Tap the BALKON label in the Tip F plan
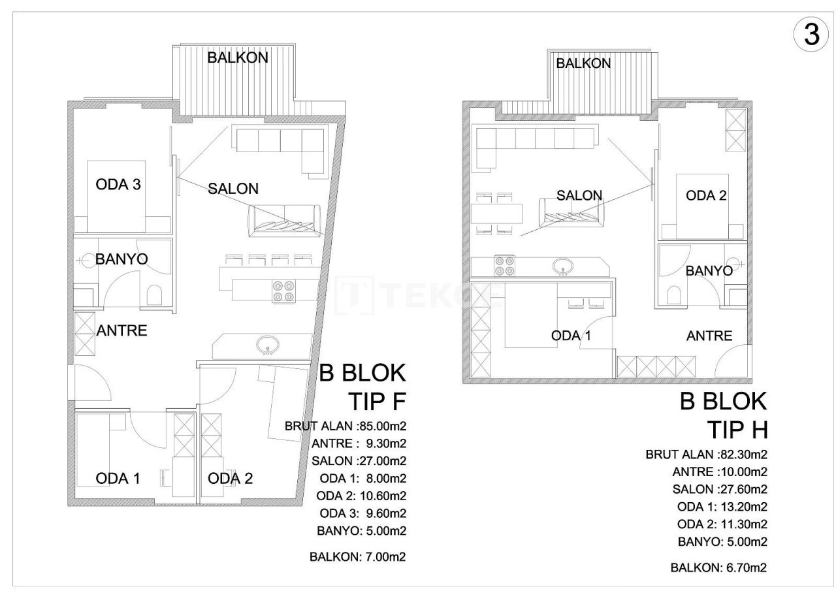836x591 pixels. coord(238,57)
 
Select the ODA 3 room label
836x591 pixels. coord(118,185)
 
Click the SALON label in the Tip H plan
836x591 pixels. coord(579,195)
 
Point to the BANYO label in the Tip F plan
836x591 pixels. coord(121,259)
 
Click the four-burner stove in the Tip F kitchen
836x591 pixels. coord(283,291)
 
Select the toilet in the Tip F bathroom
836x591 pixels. coord(155,296)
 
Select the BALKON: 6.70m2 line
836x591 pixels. coord(718,567)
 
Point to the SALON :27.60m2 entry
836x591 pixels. coord(720,489)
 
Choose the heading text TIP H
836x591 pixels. coord(736,430)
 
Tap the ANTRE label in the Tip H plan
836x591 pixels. coord(709,336)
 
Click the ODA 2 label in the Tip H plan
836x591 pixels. coord(706,195)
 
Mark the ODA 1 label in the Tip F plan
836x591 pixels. coord(118,479)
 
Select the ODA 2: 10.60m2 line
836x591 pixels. coord(361,496)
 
